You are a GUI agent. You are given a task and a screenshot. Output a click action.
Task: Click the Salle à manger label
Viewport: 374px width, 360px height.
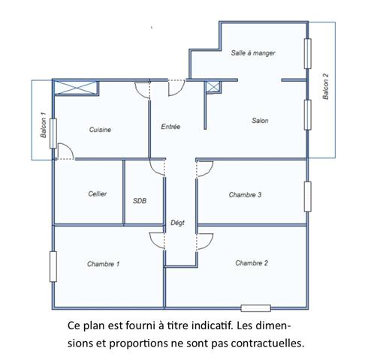point(253,53)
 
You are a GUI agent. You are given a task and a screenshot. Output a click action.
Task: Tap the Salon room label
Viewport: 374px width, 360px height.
point(260,121)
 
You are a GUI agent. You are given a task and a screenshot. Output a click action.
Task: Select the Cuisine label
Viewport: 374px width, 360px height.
point(100,130)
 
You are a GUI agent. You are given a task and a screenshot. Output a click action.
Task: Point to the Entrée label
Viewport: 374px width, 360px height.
point(170,127)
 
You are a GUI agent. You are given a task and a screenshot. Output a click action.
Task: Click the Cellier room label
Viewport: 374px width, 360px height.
point(97,193)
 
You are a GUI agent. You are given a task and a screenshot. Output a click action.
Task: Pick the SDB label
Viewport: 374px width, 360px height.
point(140,201)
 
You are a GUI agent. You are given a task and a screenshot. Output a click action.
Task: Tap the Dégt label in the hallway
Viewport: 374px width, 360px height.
point(177,223)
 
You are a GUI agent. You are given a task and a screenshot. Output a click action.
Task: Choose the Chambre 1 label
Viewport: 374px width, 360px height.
point(103,264)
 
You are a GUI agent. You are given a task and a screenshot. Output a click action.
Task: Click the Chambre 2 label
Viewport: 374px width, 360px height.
point(252,263)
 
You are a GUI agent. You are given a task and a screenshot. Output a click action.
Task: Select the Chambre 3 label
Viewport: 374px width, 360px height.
point(245,195)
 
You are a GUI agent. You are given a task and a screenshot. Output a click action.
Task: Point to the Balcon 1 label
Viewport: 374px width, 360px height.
point(43,124)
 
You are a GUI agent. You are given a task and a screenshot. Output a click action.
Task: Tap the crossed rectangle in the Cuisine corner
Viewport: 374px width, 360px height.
point(76,87)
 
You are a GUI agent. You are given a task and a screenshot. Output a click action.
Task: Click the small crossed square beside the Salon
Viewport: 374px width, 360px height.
point(213,88)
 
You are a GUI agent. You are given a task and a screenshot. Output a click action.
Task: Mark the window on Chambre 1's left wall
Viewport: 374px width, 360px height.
point(53,265)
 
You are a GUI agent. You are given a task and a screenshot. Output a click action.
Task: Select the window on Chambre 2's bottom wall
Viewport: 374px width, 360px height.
point(255,307)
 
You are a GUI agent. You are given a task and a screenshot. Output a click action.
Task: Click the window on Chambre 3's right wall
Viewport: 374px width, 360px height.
point(306,197)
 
